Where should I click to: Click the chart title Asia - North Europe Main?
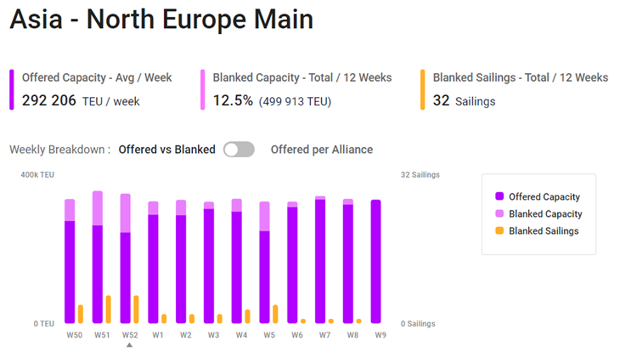(x=161, y=20)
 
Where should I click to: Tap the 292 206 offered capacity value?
(x=49, y=101)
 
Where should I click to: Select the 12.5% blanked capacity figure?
(x=233, y=101)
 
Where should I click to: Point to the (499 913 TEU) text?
(x=295, y=102)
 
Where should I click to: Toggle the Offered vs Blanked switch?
(x=238, y=150)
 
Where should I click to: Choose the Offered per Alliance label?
(x=321, y=150)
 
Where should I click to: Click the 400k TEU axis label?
(x=37, y=175)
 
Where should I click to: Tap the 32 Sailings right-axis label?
(x=420, y=175)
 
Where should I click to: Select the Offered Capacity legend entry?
(x=544, y=197)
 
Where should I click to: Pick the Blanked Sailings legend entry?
(x=543, y=231)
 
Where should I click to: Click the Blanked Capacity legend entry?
(x=545, y=214)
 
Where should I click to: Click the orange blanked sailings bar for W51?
(x=109, y=309)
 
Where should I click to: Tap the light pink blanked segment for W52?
(x=125, y=213)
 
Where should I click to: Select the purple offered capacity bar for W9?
(x=376, y=262)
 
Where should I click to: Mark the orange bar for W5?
(x=275, y=314)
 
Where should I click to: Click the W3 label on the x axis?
(x=213, y=335)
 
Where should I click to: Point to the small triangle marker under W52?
(x=129, y=346)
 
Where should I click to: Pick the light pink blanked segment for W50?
(x=70, y=210)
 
